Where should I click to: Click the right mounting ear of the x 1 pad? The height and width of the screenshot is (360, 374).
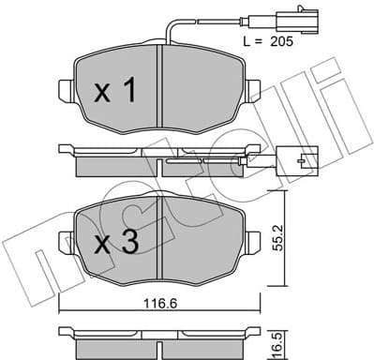[x=255, y=90]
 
